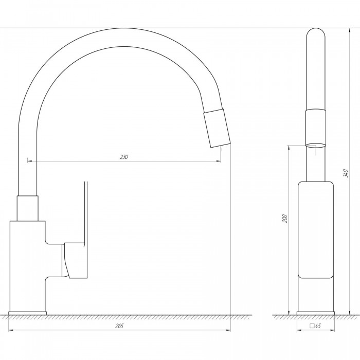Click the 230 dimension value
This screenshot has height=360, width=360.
124,157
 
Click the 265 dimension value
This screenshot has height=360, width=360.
119,326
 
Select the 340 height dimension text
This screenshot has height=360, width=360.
346,173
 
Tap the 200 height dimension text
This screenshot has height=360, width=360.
285,219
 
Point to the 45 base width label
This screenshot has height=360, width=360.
318,326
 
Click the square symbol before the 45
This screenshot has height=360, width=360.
312,326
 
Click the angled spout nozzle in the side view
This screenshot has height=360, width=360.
217,128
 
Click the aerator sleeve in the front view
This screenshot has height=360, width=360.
316,128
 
